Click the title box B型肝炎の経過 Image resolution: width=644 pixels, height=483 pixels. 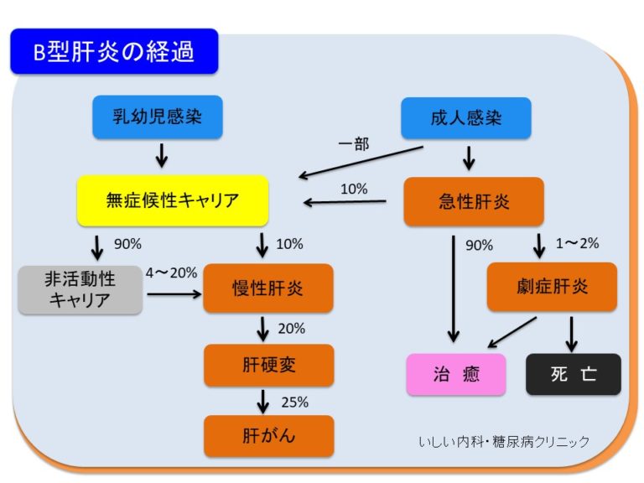pyautogui.click(x=114, y=53)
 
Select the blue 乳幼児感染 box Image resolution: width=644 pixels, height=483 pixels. pyautogui.click(x=158, y=117)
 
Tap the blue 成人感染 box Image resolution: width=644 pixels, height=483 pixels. pyautogui.click(x=466, y=117)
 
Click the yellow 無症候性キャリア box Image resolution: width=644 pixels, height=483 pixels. pyautogui.click(x=173, y=200)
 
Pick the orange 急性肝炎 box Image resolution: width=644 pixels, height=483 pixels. pyautogui.click(x=474, y=202)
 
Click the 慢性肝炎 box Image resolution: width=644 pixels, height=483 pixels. pyautogui.click(x=268, y=288)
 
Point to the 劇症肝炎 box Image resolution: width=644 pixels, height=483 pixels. pyautogui.click(x=552, y=287)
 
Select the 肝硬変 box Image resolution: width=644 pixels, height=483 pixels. pyautogui.click(x=268, y=365)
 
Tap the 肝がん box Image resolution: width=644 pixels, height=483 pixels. pyautogui.click(x=268, y=435)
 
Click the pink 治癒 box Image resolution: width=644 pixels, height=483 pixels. pyautogui.click(x=457, y=374)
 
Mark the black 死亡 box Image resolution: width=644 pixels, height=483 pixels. pyautogui.click(x=574, y=374)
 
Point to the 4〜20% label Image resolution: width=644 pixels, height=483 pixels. pyautogui.click(x=171, y=273)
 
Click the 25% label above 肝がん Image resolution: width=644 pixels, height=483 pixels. pyautogui.click(x=294, y=401)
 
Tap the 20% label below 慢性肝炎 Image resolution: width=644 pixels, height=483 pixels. pyautogui.click(x=292, y=328)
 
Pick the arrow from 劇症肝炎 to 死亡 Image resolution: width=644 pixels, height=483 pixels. pyautogui.click(x=573, y=333)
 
